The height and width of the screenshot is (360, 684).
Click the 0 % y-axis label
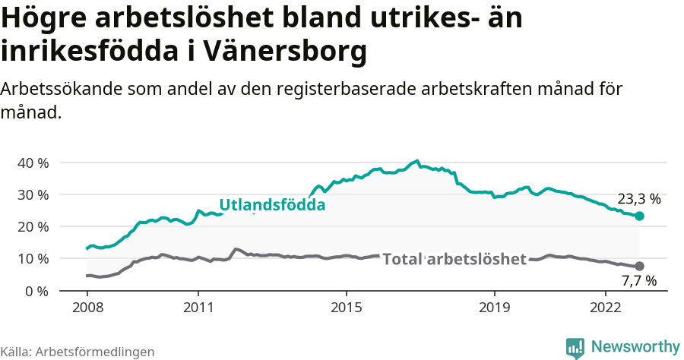pyautogui.click(x=36, y=291)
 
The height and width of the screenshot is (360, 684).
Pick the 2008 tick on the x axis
pyautogui.click(x=87, y=308)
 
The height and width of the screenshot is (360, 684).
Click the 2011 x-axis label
pyautogui.click(x=198, y=308)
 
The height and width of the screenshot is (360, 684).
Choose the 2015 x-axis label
pyautogui.click(x=347, y=308)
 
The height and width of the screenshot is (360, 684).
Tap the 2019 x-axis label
pyautogui.click(x=495, y=308)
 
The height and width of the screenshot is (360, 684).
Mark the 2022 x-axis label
pyautogui.click(x=606, y=308)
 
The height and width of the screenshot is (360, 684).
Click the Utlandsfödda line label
pyautogui.click(x=272, y=205)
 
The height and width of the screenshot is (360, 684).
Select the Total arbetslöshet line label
pyautogui.click(x=454, y=259)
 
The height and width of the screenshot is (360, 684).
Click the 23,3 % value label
pyautogui.click(x=639, y=200)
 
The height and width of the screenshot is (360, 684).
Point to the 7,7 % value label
pyautogui.click(x=639, y=281)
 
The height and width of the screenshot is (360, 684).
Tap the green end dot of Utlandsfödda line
pyautogui.click(x=639, y=216)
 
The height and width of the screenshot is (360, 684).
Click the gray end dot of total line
pyautogui.click(x=639, y=266)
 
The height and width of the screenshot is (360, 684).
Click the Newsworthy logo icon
pyautogui.click(x=575, y=348)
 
